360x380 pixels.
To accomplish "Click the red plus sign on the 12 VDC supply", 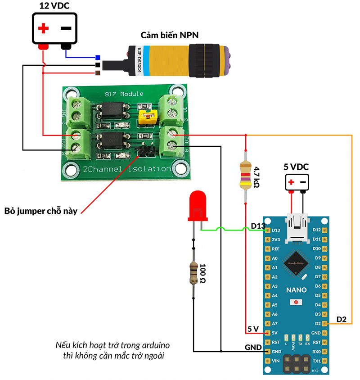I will pyautogui.click(x=43, y=29).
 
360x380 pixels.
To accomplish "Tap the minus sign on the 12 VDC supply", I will pyautogui.click(x=66, y=28).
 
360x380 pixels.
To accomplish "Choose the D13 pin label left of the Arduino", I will pyautogui.click(x=259, y=225).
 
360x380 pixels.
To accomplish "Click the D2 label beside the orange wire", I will pyautogui.click(x=342, y=319).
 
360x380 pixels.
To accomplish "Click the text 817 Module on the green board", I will pyautogui.click(x=124, y=94).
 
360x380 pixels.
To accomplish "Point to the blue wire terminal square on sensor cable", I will pyautogui.click(x=98, y=58).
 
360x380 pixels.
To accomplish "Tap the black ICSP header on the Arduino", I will pyautogui.click(x=296, y=362).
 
